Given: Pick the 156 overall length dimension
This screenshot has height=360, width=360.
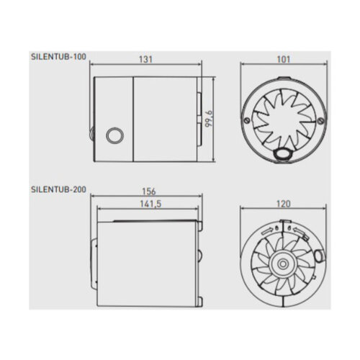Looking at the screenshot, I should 149,192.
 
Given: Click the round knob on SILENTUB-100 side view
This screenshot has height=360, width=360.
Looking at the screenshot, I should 113,134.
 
